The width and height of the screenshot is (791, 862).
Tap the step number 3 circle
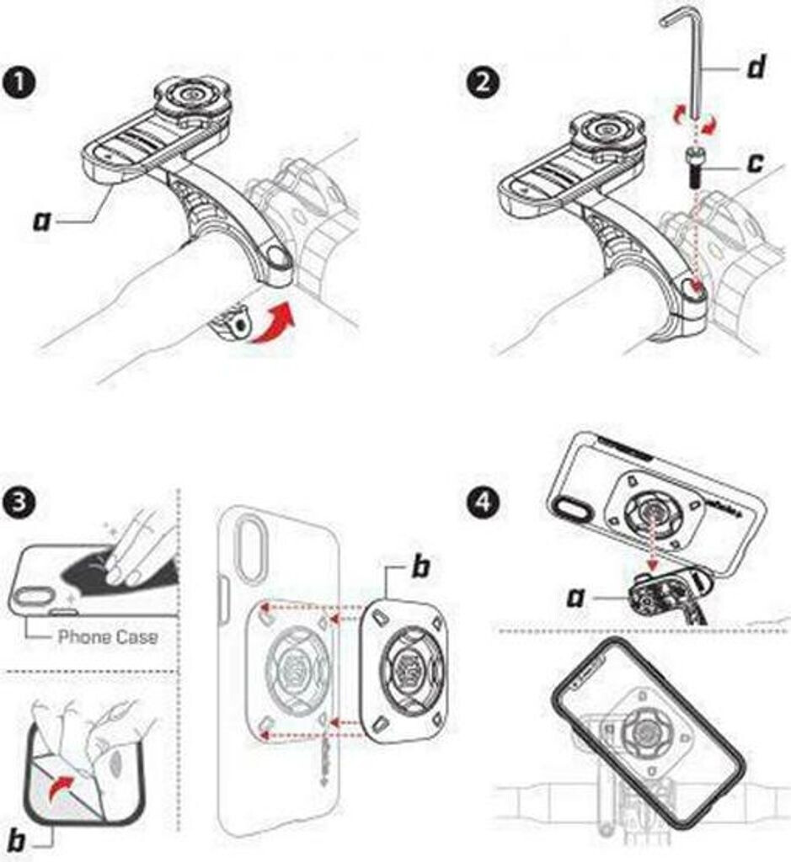point(19,507)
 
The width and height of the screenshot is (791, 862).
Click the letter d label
point(756,68)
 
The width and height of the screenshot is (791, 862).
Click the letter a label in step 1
point(41,221)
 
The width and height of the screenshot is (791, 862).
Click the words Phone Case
point(107,637)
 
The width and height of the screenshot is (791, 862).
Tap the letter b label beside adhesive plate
point(419,567)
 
